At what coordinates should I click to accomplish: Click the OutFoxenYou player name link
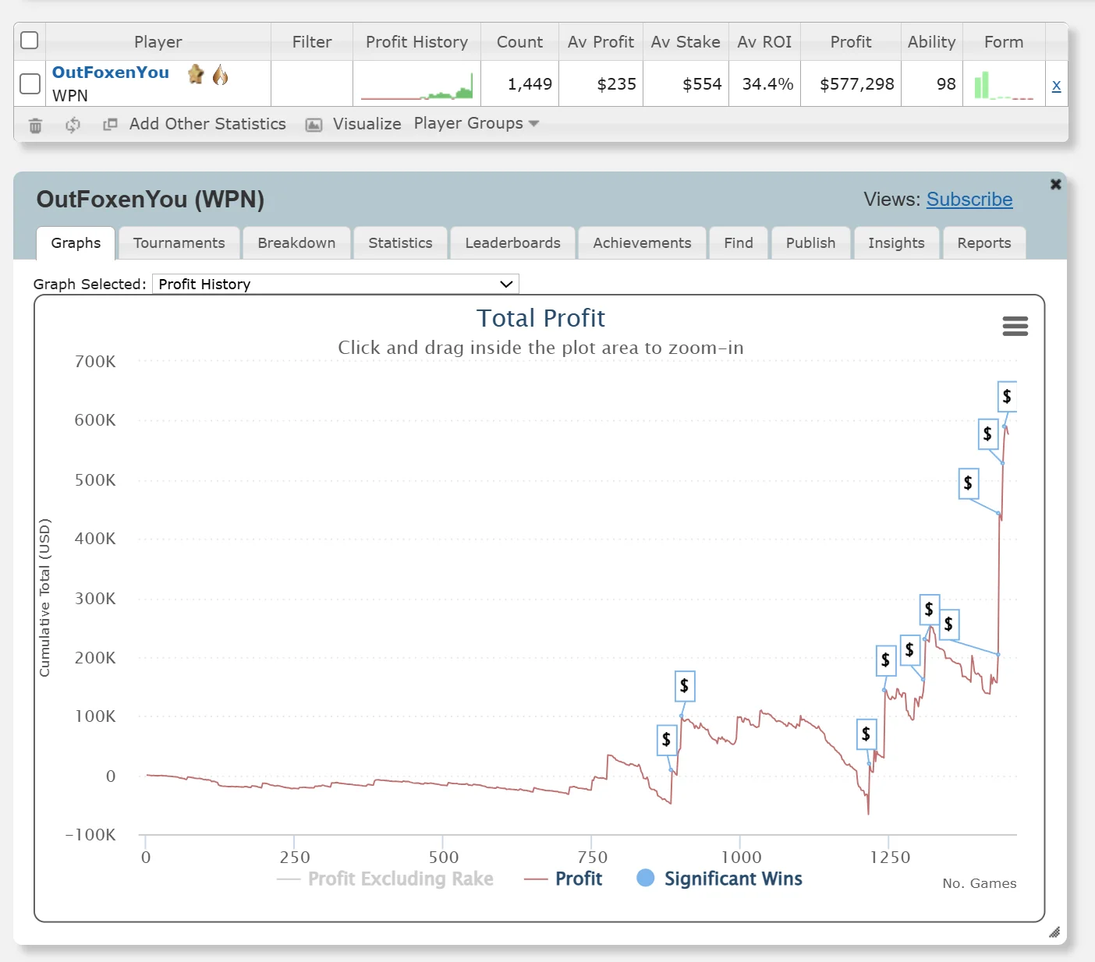110,73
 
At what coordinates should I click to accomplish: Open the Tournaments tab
179,243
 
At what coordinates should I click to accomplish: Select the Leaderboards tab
512,243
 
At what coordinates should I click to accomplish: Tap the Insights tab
896,243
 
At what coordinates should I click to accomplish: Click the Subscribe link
969,200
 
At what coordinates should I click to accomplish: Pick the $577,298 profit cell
856,84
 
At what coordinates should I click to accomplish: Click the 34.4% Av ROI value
767,84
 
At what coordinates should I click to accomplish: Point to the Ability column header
931,42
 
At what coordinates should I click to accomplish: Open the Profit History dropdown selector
335,285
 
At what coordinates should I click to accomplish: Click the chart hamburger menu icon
1015,326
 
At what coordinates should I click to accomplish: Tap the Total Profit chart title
540,318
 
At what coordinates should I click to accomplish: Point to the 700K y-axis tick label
95,362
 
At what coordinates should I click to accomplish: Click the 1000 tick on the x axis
741,858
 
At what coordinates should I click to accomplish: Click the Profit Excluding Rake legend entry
399,879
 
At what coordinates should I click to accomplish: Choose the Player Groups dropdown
476,124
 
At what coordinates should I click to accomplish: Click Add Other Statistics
207,124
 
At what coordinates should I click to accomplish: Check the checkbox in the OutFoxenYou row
30,83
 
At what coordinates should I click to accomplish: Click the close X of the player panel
1055,184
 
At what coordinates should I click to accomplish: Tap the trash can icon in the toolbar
35,126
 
